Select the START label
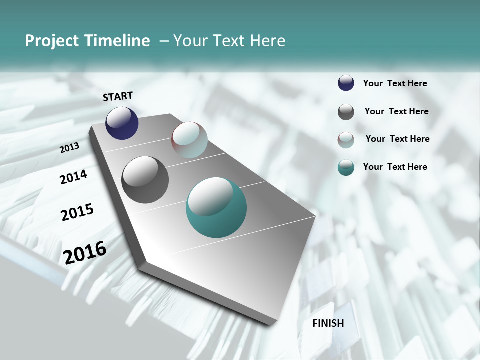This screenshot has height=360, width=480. [x=118, y=96]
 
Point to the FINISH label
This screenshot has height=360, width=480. [x=328, y=323]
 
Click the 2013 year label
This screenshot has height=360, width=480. [x=70, y=148]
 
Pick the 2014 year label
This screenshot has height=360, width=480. [x=74, y=177]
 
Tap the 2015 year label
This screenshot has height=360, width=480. [x=77, y=212]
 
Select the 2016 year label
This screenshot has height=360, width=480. [x=85, y=252]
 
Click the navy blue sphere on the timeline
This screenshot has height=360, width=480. [x=122, y=123]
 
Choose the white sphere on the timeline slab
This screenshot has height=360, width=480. [x=189, y=140]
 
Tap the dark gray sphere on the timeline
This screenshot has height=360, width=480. [x=145, y=180]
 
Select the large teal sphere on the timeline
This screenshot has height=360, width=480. [x=216, y=207]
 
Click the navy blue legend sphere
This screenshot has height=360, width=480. [x=346, y=83]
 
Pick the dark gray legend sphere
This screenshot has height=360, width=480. [x=346, y=112]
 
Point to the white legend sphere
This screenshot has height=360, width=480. [x=346, y=140]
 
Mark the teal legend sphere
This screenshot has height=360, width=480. [x=346, y=168]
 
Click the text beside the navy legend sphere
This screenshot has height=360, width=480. [x=395, y=84]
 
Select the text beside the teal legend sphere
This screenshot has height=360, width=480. [x=395, y=167]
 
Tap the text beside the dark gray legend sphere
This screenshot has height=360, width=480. [x=396, y=111]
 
